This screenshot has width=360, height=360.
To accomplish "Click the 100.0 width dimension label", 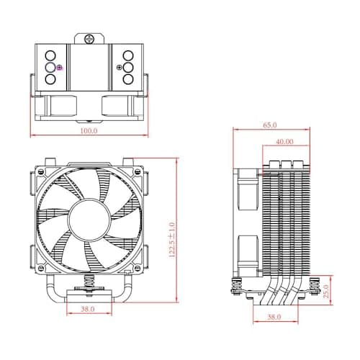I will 89,131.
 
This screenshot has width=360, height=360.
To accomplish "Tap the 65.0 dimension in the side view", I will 269,125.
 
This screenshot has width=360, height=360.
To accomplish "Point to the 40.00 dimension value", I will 284,142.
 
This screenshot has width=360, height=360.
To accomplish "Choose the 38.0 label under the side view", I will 274,316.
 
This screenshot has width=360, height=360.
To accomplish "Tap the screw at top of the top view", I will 89,37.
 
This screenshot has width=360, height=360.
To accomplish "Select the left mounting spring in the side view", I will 235,285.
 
